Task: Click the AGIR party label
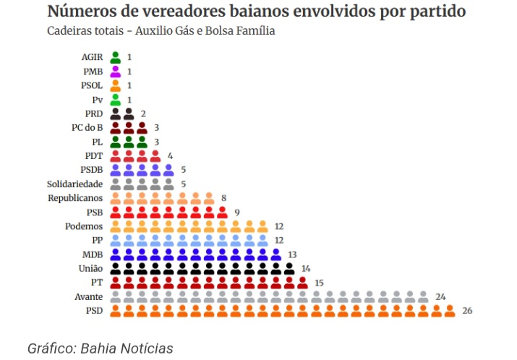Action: click(92, 56)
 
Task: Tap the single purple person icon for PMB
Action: click(115, 71)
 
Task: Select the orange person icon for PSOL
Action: click(115, 85)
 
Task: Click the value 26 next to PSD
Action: click(467, 312)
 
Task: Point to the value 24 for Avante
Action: click(440, 297)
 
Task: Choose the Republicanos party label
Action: click(75, 198)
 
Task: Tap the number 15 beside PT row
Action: click(320, 283)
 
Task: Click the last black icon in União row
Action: click(289, 268)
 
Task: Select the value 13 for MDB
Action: click(292, 254)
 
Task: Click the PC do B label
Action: click(82, 127)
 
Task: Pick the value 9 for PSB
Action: click(238, 212)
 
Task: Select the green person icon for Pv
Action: click(115, 99)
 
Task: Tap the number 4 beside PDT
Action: click(171, 155)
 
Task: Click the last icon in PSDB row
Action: click(168, 169)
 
